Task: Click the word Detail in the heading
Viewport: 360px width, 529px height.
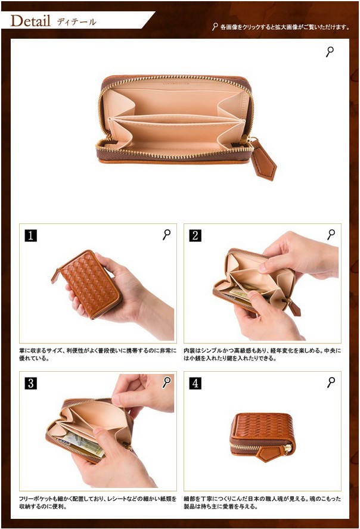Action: [x=30, y=21]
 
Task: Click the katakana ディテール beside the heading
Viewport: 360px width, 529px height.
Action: [x=76, y=22]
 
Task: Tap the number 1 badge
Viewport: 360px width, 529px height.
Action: [x=31, y=235]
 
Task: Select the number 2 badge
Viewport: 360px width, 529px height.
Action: [x=195, y=235]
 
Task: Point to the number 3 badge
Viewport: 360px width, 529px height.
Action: [x=31, y=383]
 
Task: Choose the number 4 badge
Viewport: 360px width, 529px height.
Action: [x=195, y=383]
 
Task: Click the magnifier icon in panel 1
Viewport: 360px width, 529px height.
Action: [x=167, y=235]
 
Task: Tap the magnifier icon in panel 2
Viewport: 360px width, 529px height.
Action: [x=331, y=235]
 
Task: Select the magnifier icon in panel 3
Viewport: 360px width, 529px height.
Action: [x=167, y=382]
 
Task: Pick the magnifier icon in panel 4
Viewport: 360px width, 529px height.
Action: [x=331, y=382]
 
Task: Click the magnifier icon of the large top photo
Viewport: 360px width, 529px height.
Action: [x=330, y=52]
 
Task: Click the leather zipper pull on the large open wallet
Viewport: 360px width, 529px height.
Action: [x=263, y=160]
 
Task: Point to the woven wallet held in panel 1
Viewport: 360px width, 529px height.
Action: [x=88, y=284]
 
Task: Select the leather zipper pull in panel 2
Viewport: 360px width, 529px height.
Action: [x=293, y=306]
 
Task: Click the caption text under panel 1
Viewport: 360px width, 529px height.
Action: [x=98, y=354]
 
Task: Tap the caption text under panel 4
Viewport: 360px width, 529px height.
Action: [x=262, y=502]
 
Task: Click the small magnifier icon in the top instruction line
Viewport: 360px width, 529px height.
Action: [x=215, y=27]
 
